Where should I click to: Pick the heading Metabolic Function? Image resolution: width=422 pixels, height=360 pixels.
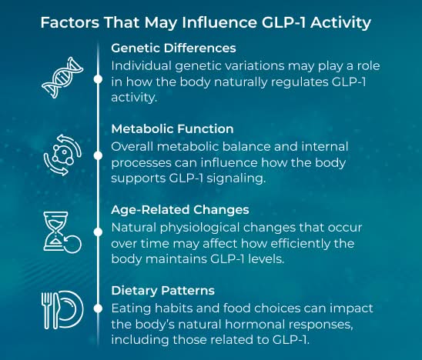[x=172, y=128]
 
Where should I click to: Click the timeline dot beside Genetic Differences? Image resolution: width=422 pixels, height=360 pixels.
[x=98, y=78]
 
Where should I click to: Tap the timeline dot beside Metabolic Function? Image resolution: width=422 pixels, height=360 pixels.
[x=98, y=155]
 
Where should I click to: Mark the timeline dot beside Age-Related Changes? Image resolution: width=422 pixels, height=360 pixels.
[x=98, y=230]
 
